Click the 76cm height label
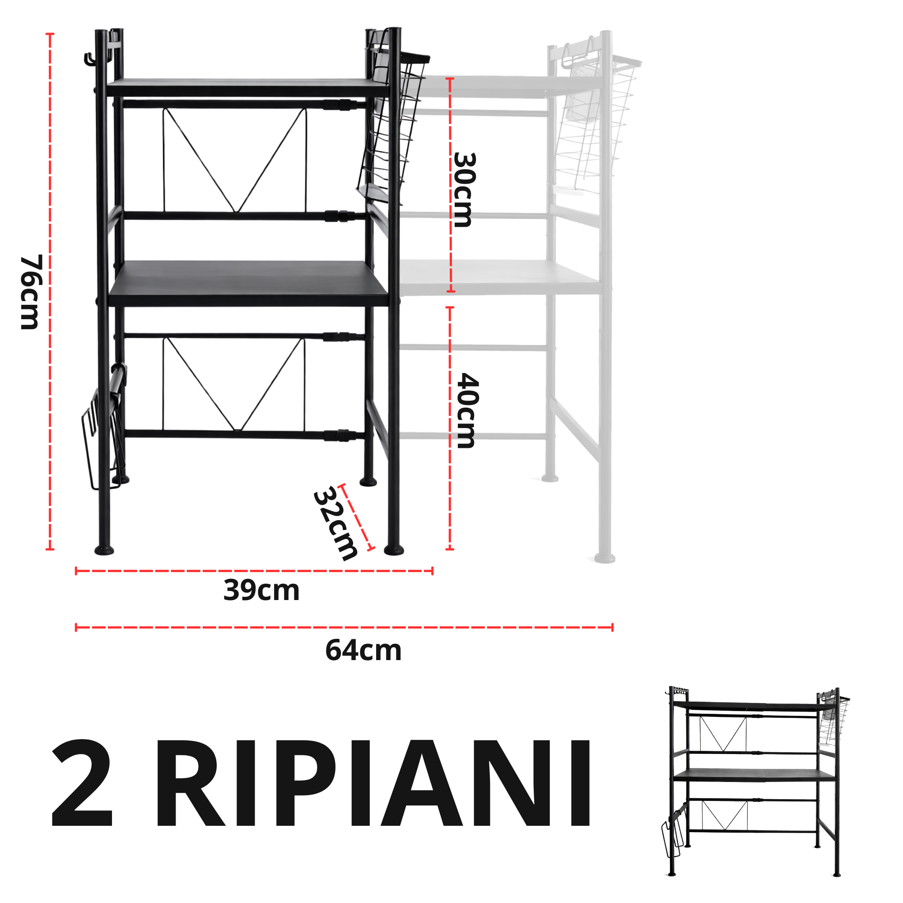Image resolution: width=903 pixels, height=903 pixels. (31, 292)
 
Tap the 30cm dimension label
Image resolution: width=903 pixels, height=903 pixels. (464, 190)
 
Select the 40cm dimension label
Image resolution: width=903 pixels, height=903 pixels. (466, 410)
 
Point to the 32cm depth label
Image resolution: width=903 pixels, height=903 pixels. (335, 523)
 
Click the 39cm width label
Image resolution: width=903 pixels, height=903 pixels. (261, 590)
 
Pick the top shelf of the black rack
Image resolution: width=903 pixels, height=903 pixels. (248, 88)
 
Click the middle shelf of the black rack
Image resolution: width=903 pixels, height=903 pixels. (249, 284)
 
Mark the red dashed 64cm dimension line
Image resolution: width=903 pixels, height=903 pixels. (344, 627)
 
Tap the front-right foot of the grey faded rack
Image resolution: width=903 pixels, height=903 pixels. (605, 558)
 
